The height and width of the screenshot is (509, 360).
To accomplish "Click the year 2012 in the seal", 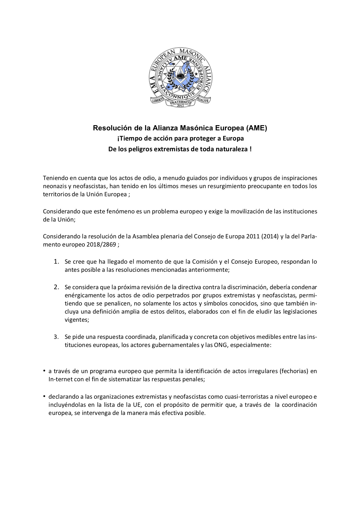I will [180, 106].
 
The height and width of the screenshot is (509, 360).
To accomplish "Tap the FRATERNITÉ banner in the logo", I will [180, 102].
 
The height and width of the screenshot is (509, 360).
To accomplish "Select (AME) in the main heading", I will [256, 128].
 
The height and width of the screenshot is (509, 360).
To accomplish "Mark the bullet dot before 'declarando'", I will [44, 396].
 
